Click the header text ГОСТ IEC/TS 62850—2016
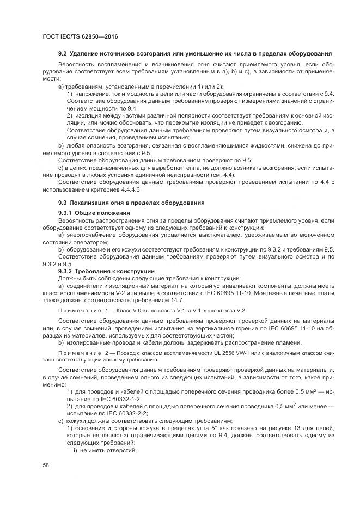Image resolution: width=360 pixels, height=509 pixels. coord(81,36)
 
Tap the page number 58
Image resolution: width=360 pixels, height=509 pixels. coord(46,464)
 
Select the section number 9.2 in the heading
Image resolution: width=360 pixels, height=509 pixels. coord(62,54)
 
